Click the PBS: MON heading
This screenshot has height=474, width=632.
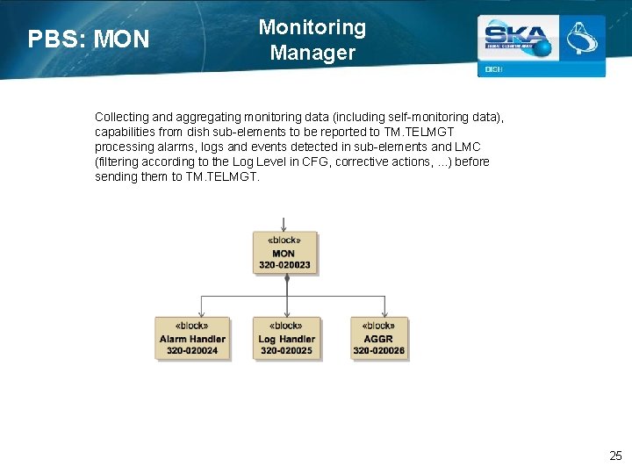click(x=89, y=39)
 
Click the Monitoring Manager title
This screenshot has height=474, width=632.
click(x=312, y=39)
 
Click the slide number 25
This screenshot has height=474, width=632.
click(x=615, y=456)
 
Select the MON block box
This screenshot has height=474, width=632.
click(x=285, y=253)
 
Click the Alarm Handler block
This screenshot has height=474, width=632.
click(x=192, y=338)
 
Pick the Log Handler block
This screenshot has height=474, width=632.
click(x=286, y=338)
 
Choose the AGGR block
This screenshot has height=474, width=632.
click(x=379, y=338)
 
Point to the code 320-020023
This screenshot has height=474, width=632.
click(x=285, y=264)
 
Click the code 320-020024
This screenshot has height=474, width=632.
click(x=192, y=350)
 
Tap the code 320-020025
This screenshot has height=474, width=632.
click(x=286, y=350)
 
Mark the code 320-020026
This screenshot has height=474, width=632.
click(x=379, y=350)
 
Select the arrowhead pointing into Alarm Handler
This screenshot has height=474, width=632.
click(x=201, y=313)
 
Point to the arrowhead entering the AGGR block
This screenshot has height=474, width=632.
click(x=384, y=313)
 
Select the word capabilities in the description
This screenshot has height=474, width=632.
click(x=126, y=132)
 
